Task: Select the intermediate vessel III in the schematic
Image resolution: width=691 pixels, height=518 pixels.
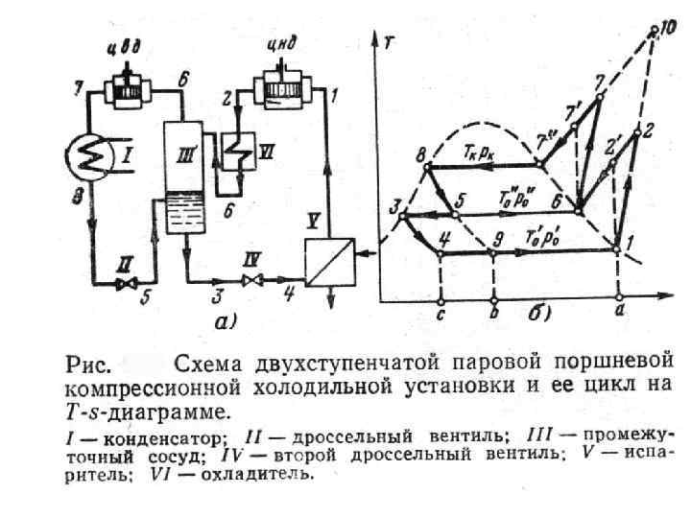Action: [181, 177]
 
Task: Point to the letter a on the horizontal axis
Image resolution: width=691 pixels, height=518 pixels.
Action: [620, 310]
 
